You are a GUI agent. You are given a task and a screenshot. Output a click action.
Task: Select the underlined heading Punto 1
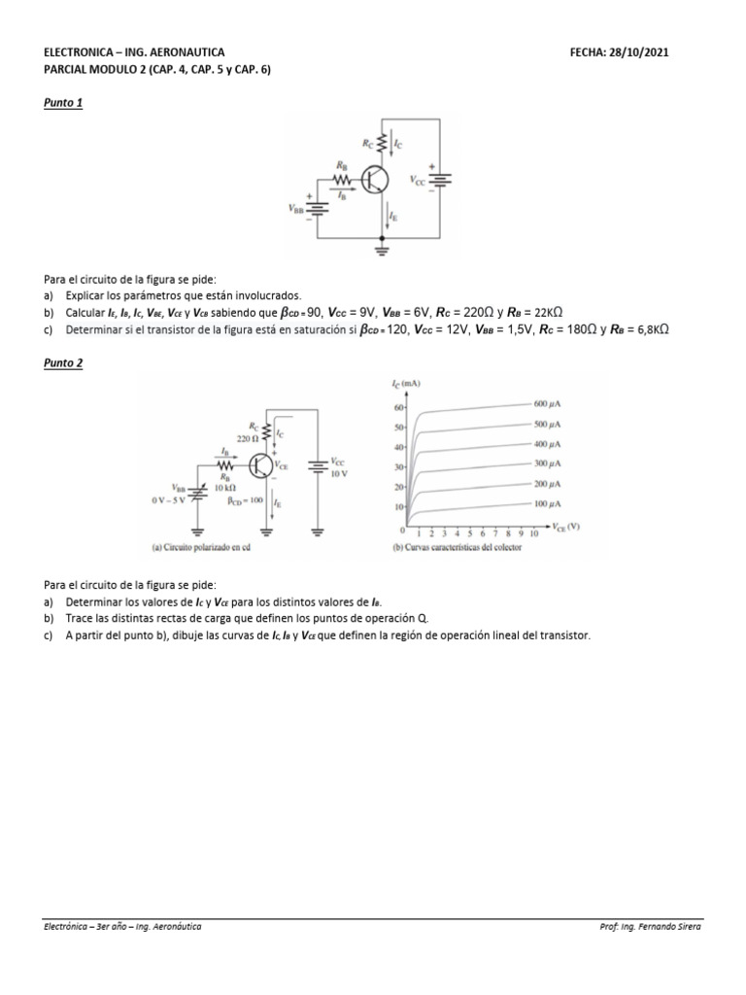63,103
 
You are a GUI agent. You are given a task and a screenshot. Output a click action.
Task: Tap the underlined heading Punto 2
63,362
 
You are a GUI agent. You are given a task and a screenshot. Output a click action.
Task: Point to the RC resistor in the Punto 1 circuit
387,144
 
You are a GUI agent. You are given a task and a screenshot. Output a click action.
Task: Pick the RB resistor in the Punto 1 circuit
341,179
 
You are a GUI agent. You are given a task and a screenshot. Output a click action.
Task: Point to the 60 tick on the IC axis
398,408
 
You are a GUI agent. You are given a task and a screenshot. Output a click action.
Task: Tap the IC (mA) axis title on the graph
407,385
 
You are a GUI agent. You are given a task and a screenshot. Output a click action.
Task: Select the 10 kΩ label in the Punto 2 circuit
225,487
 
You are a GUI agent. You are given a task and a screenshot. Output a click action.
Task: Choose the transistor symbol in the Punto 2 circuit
261,465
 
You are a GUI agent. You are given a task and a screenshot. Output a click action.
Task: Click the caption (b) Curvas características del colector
455,547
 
